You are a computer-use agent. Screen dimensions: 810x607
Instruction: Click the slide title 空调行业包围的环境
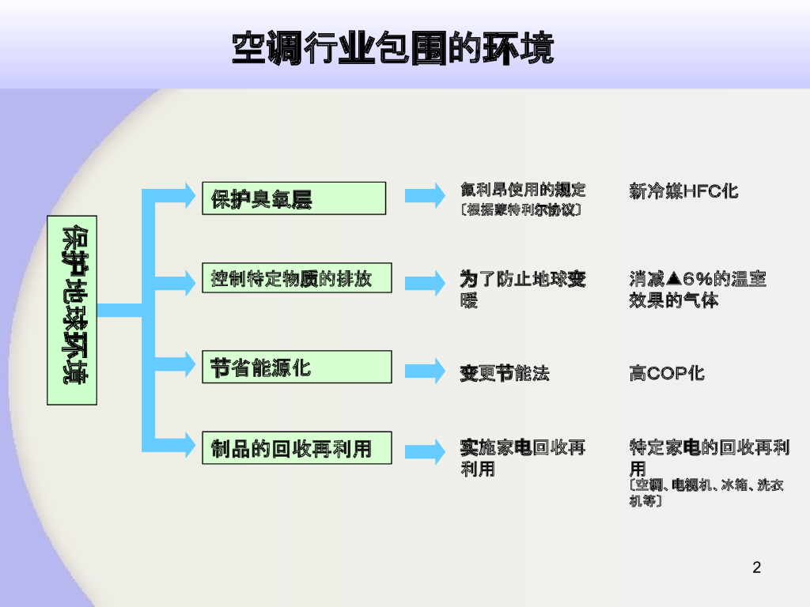(x=392, y=48)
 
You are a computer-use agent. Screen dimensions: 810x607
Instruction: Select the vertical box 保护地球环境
(x=72, y=310)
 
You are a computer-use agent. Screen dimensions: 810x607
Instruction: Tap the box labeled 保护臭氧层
(x=293, y=198)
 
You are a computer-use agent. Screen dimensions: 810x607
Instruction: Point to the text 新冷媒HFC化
(x=683, y=191)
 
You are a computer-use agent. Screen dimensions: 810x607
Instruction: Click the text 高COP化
(x=666, y=373)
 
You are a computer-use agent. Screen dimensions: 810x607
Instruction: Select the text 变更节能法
(x=504, y=373)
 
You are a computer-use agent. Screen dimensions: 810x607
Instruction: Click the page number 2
(x=756, y=567)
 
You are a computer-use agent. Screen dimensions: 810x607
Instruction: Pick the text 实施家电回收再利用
(x=522, y=458)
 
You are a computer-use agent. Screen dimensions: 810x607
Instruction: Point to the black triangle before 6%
(x=674, y=278)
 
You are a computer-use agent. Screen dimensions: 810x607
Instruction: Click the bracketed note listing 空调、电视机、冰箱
(x=706, y=492)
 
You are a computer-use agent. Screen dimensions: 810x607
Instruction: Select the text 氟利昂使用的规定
(x=523, y=190)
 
